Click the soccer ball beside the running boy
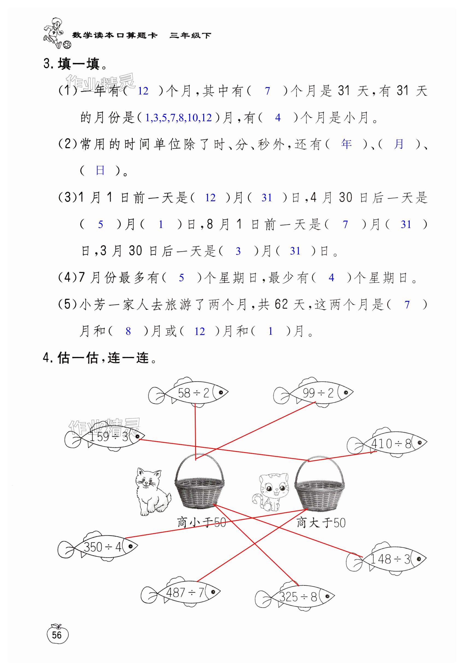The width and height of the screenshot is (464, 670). (x=67, y=45)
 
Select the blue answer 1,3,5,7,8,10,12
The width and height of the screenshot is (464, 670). (x=178, y=118)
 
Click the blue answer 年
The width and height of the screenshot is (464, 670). (x=346, y=144)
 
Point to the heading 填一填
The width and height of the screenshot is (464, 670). (x=78, y=64)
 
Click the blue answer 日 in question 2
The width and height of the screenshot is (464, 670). (x=100, y=170)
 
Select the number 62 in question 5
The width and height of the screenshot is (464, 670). (x=281, y=304)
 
